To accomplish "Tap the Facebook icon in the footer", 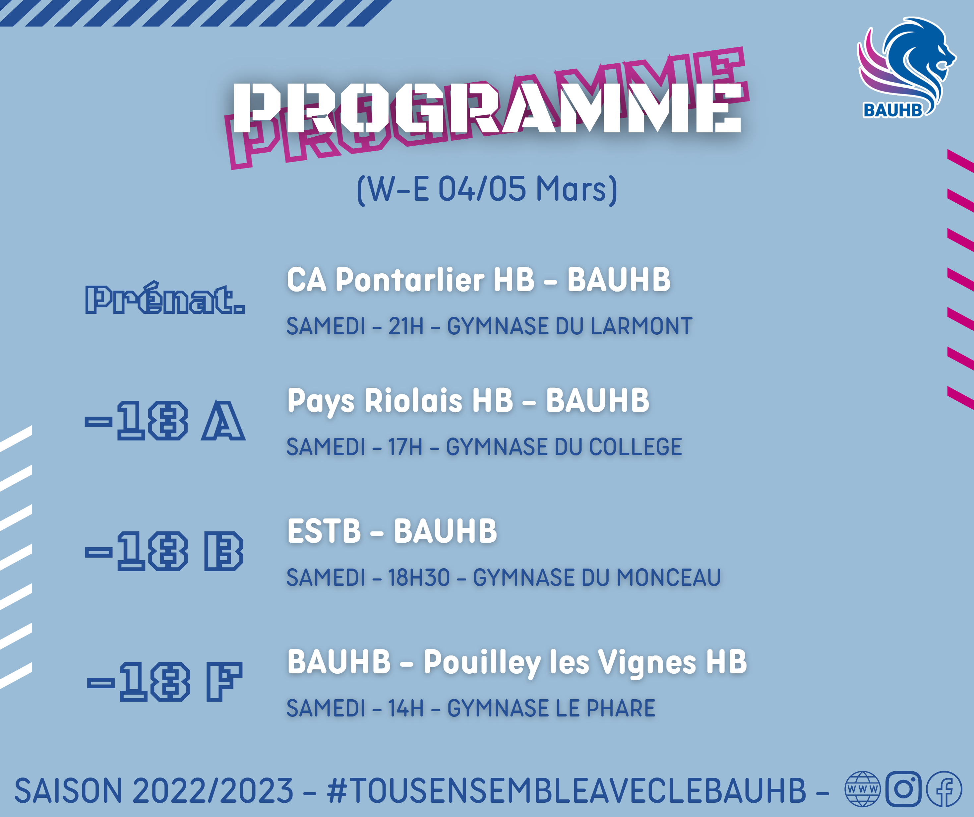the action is [x=944, y=789].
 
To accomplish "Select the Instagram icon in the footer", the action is [x=903, y=789].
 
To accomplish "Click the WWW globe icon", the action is [x=862, y=789].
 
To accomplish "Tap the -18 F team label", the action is [x=165, y=682].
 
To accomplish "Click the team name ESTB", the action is [x=324, y=531].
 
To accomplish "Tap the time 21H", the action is [x=406, y=326].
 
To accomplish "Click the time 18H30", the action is [x=419, y=578].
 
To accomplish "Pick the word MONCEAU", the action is [x=668, y=578].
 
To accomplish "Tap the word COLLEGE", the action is [x=636, y=446].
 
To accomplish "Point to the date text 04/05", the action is [x=482, y=189].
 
